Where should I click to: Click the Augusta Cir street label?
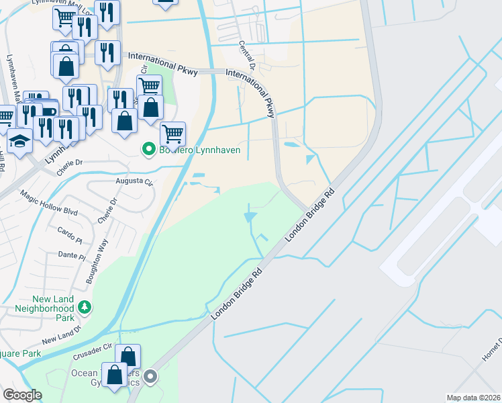point(135,182)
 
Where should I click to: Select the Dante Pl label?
point(72,255)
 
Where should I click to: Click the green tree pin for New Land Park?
point(85,308)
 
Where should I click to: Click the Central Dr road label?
point(246,57)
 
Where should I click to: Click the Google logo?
point(22,395)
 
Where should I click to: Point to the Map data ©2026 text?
point(473,398)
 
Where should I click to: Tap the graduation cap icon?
point(20,141)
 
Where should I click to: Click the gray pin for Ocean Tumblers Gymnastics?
point(152,377)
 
